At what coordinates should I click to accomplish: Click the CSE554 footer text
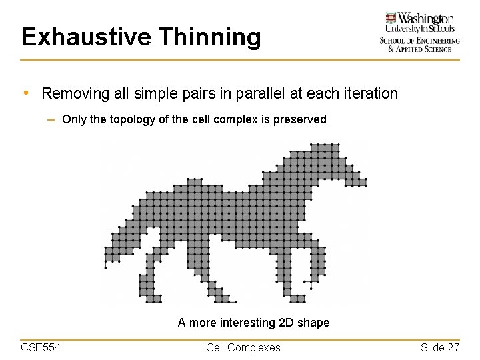pyautogui.click(x=41, y=347)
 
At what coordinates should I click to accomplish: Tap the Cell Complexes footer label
pyautogui.click(x=243, y=347)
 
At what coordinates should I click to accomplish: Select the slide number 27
pyautogui.click(x=453, y=347)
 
